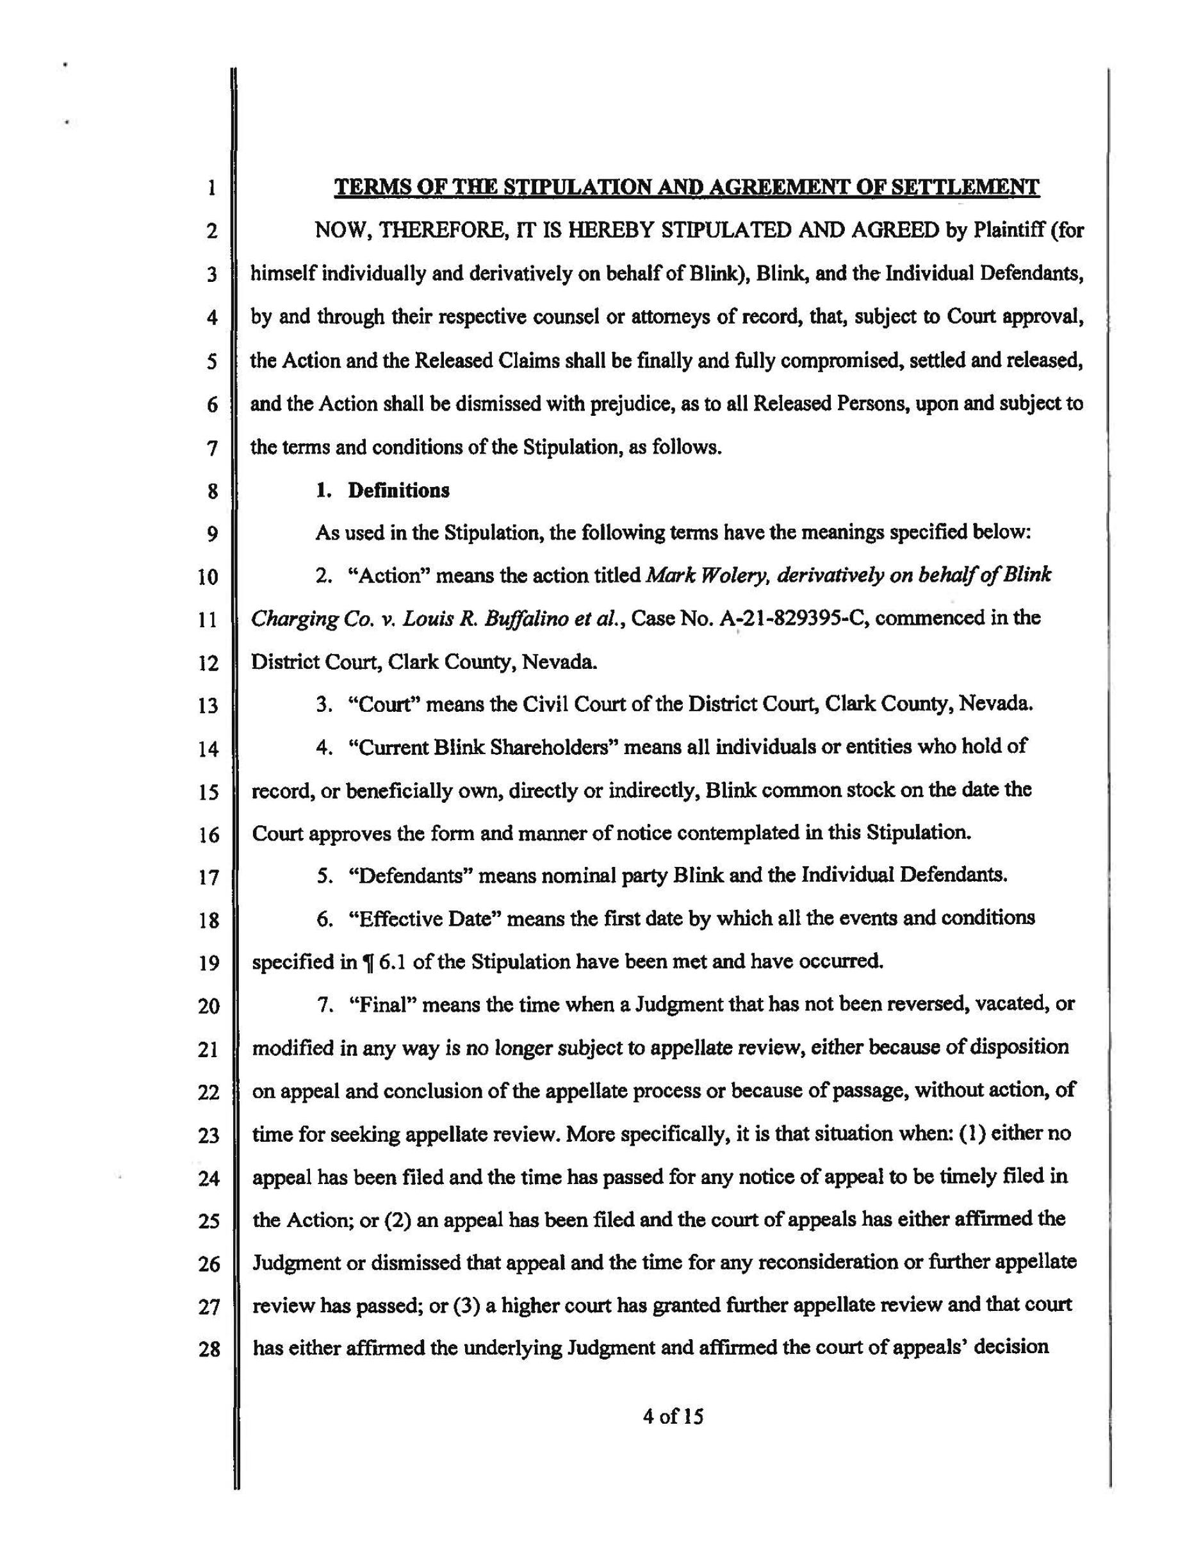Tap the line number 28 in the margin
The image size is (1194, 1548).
[209, 1349]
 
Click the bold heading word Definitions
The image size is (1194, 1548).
[398, 491]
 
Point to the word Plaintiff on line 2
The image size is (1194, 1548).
[1007, 231]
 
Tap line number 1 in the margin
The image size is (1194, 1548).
[211, 189]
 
